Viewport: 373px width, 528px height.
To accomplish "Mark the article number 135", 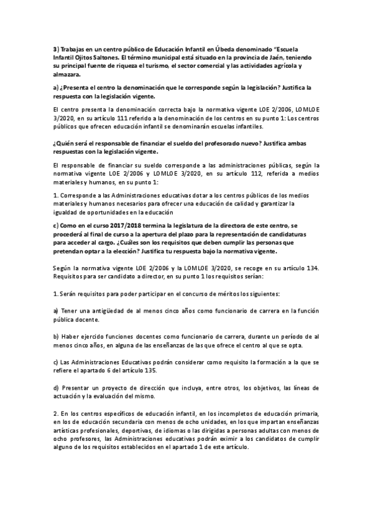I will tap(157, 369).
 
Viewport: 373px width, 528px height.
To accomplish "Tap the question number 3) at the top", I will tap(55, 50).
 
